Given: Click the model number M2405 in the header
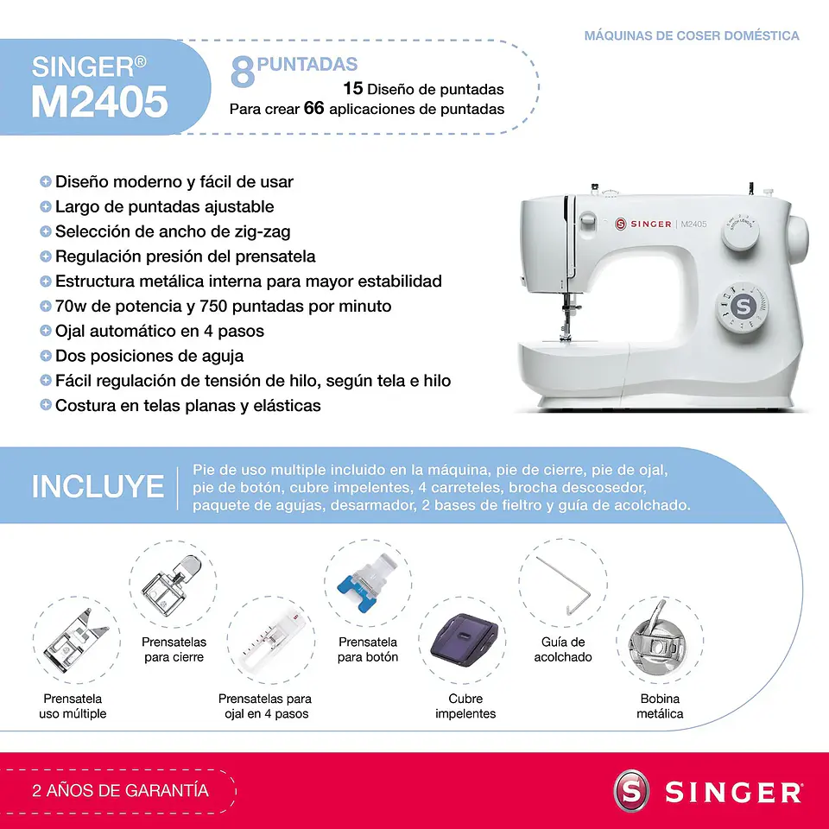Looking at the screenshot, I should tap(99, 102).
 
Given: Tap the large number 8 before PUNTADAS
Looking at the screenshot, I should tap(243, 73).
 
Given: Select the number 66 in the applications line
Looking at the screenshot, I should tap(313, 109).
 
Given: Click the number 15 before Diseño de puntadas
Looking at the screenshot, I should tap(352, 88).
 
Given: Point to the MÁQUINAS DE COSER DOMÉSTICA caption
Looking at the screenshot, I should tap(691, 35).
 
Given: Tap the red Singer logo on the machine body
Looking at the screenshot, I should tap(621, 225).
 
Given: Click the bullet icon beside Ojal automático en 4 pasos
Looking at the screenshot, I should tap(45, 331).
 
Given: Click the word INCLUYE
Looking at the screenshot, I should tap(98, 486).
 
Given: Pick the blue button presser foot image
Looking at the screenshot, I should tap(367, 589).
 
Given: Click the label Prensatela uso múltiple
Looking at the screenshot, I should tap(73, 706).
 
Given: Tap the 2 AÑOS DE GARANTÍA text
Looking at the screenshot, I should tap(120, 790).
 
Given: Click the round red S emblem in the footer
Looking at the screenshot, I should tap(630, 792).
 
